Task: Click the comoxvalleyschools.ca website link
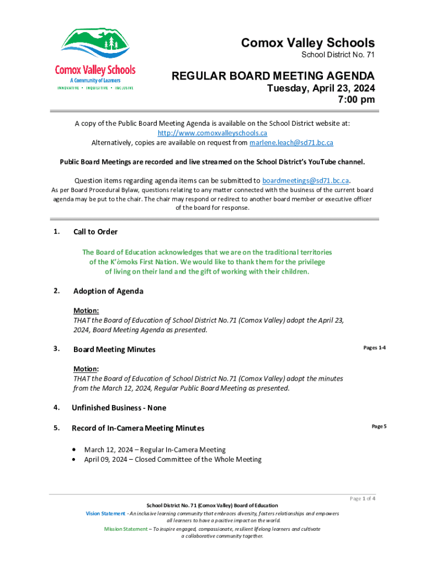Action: (x=212, y=133)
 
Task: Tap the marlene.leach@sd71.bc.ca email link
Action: (x=291, y=142)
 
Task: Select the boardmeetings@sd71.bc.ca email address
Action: (x=305, y=180)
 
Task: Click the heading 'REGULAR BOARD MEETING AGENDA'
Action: (x=273, y=76)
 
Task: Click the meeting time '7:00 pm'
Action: (x=356, y=100)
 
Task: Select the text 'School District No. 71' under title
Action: (x=338, y=56)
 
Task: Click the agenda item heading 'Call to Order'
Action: (x=95, y=232)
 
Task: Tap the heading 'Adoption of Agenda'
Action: (x=108, y=291)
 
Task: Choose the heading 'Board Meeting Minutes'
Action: (x=114, y=349)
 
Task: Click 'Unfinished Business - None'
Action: (x=119, y=408)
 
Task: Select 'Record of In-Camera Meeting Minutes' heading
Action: (x=138, y=428)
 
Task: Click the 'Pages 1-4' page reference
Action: (x=374, y=348)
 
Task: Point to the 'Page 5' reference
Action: (x=379, y=427)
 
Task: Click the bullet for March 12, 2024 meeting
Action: (x=75, y=450)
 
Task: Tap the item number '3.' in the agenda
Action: (x=57, y=349)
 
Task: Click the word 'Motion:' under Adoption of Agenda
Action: (x=86, y=311)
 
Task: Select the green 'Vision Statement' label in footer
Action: (x=105, y=514)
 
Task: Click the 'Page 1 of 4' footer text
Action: (x=363, y=499)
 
